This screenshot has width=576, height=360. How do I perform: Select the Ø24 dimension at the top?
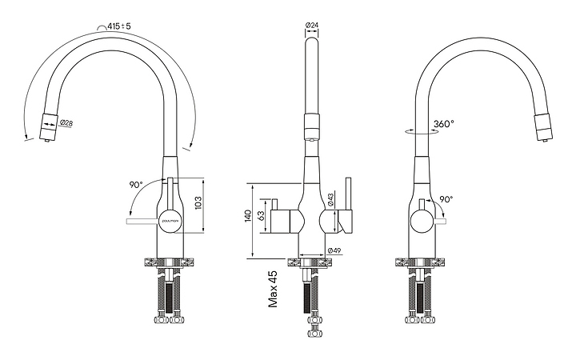(312, 26)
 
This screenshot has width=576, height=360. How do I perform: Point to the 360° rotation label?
(444, 124)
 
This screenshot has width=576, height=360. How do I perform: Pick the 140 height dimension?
(249, 216)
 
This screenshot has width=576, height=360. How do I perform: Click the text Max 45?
(273, 289)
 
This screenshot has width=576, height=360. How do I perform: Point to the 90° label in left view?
(136, 185)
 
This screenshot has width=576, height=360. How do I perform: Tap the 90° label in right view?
(446, 200)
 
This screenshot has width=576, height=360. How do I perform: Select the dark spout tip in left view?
(48, 125)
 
